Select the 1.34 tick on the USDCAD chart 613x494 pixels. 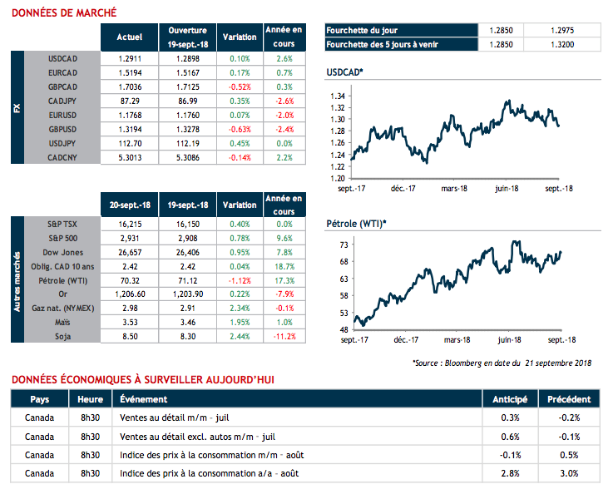(337, 96)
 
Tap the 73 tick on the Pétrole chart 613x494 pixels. (342, 245)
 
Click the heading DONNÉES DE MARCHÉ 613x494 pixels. (63, 12)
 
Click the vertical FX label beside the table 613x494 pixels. (17, 108)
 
